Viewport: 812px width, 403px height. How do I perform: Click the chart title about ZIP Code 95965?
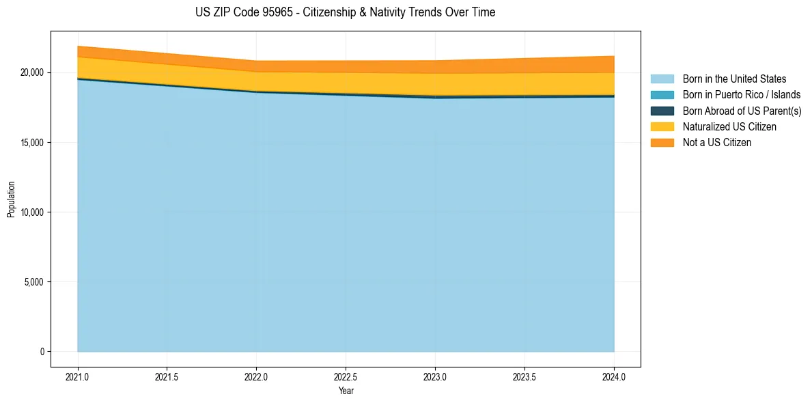pyautogui.click(x=346, y=12)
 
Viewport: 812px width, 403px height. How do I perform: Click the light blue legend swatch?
pyautogui.click(x=662, y=79)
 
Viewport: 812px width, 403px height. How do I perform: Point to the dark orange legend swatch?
pyautogui.click(x=662, y=142)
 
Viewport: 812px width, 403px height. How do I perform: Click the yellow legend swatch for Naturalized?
pyautogui.click(x=662, y=126)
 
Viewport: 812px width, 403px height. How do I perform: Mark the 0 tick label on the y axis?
pyautogui.click(x=41, y=352)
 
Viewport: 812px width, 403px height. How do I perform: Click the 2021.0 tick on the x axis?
pyautogui.click(x=77, y=376)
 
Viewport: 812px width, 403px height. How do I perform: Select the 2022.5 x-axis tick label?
pyautogui.click(x=346, y=376)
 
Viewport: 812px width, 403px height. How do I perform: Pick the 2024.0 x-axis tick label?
pyautogui.click(x=614, y=376)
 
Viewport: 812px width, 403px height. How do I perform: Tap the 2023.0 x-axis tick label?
pyautogui.click(x=435, y=376)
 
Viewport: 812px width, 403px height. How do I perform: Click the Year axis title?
pyautogui.click(x=346, y=391)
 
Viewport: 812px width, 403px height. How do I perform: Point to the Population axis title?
pyautogui.click(x=11, y=199)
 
